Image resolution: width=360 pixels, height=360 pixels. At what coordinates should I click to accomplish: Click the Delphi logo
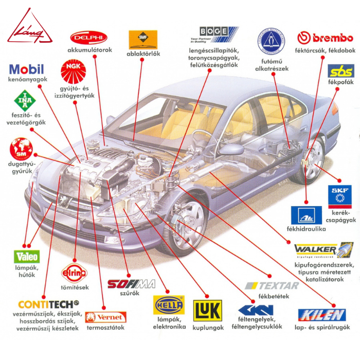[89, 38]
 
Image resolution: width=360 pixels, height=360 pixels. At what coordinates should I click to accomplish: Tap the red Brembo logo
[325, 38]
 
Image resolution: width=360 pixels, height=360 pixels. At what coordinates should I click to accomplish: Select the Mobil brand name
[27, 69]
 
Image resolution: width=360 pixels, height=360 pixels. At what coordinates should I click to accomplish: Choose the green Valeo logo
[26, 257]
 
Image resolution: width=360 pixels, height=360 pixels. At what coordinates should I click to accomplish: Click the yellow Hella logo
[169, 305]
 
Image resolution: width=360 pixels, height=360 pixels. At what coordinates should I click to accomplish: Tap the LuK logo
[208, 311]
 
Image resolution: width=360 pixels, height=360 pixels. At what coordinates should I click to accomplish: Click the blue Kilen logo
[322, 315]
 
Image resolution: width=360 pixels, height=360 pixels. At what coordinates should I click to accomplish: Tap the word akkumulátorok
[89, 50]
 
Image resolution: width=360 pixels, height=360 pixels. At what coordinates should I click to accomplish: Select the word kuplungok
[208, 327]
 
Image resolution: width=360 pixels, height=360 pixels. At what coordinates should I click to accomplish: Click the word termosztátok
[105, 327]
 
